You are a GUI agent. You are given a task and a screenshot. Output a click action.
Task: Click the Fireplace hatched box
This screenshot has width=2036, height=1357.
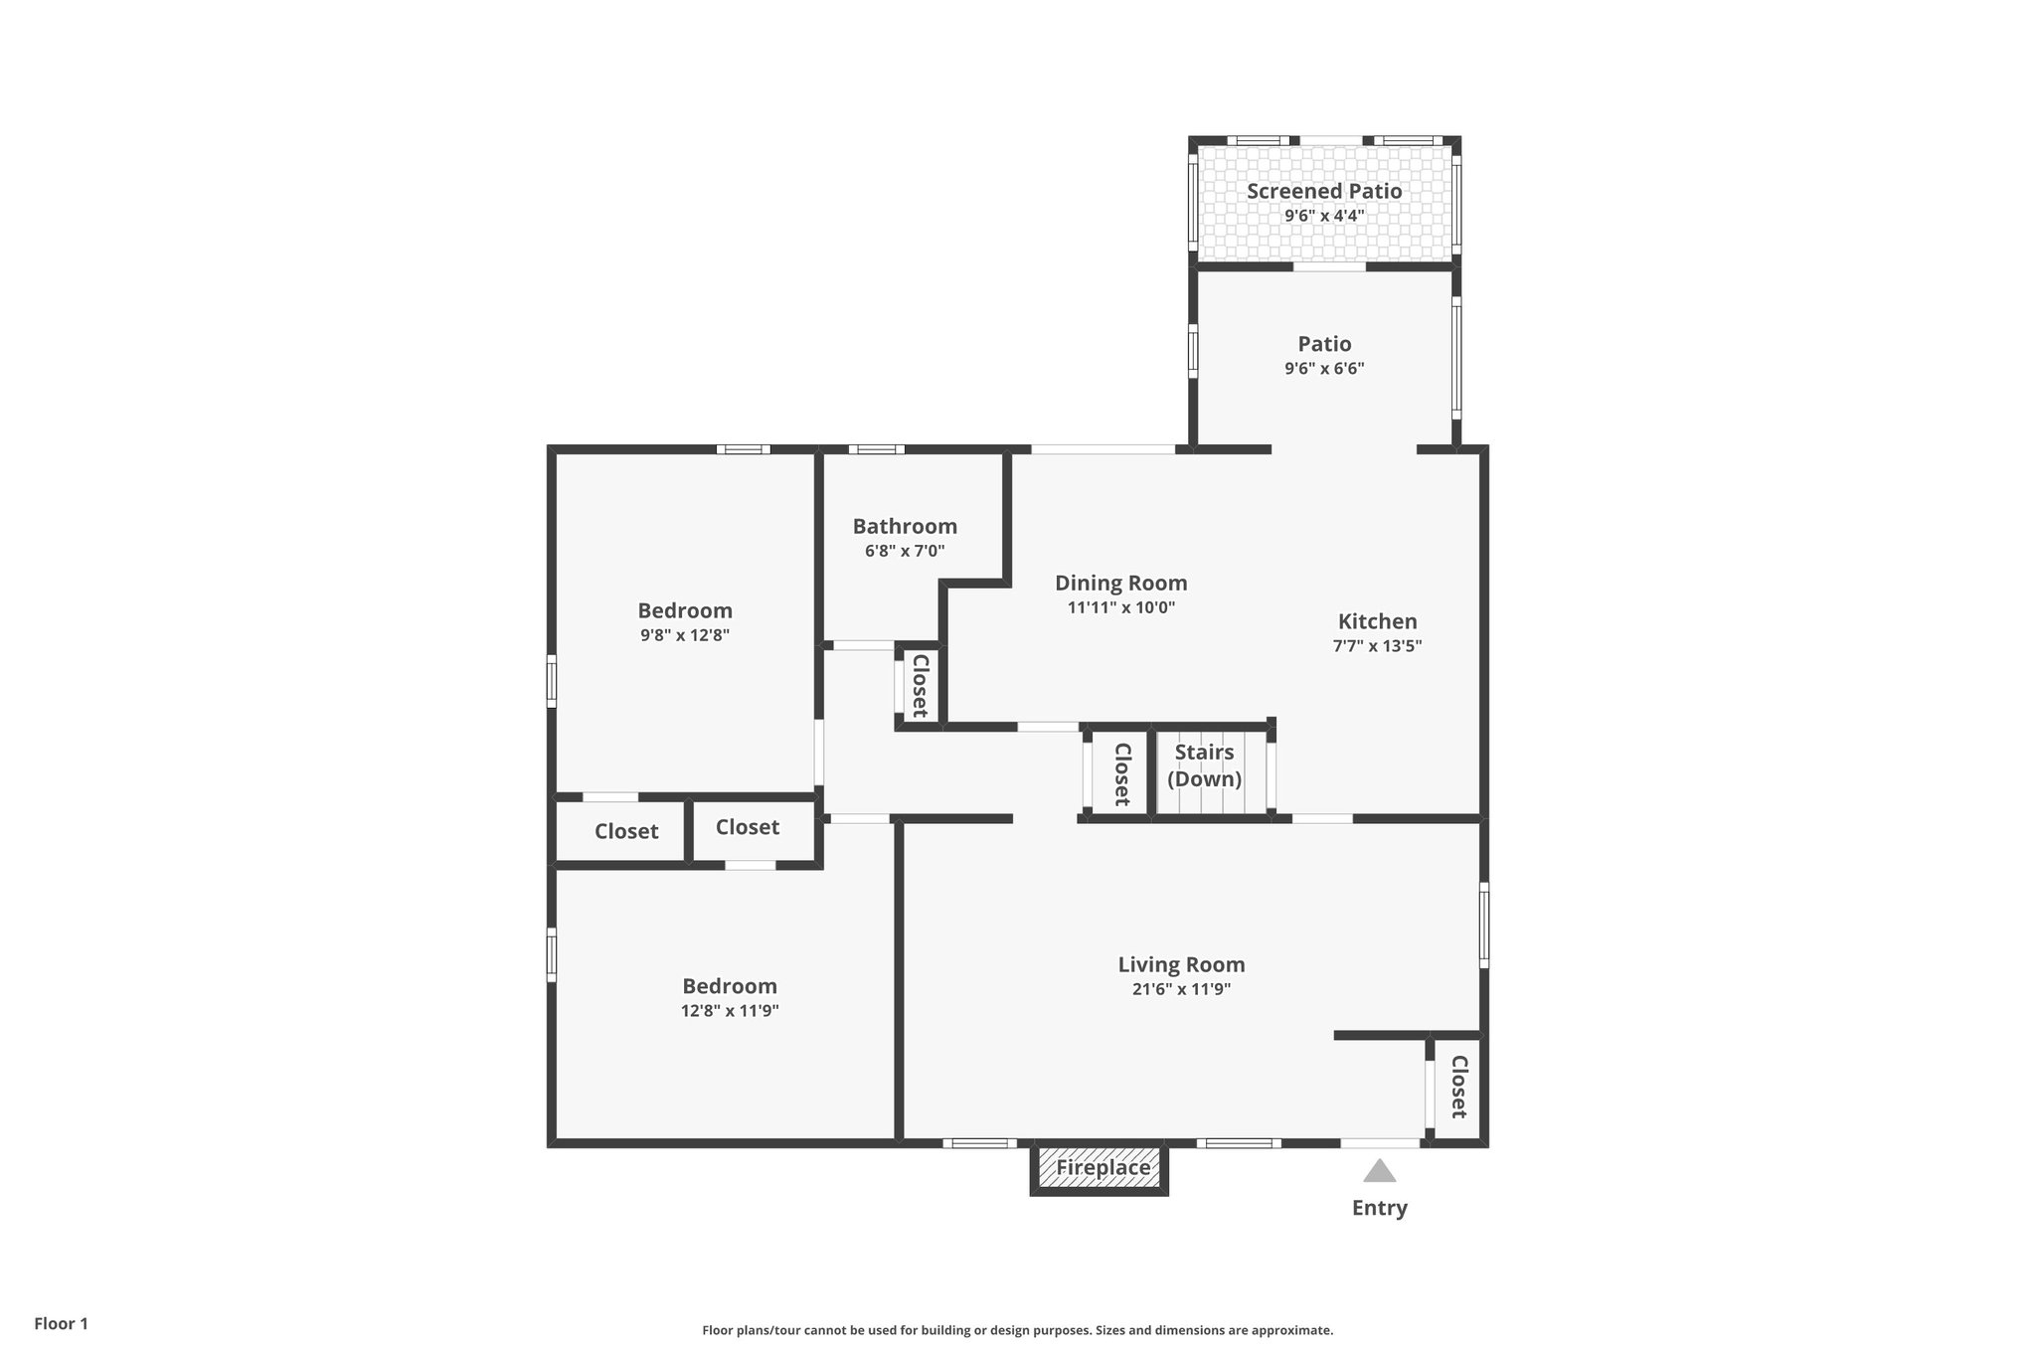click(1099, 1168)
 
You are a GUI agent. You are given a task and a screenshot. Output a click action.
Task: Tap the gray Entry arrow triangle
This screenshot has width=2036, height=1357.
click(1379, 1172)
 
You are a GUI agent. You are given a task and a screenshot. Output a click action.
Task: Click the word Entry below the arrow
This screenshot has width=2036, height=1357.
click(1379, 1208)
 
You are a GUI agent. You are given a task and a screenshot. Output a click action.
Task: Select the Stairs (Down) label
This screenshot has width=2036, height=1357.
click(1204, 765)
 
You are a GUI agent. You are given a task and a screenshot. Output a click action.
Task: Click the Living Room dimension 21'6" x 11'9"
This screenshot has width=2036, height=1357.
click(1181, 989)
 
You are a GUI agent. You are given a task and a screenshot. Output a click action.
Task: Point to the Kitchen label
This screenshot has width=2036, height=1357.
click(1377, 621)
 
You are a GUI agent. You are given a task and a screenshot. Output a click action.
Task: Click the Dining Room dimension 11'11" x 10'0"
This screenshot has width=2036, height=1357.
click(1121, 607)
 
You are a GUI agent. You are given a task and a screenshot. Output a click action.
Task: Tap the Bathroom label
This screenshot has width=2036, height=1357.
click(905, 526)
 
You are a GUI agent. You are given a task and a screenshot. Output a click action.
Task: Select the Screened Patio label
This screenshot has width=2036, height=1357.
click(1324, 191)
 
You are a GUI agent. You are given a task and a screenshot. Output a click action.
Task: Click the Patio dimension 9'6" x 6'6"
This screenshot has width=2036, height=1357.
click(1324, 368)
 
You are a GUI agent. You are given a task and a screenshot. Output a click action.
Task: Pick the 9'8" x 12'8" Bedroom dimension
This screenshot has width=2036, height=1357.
click(685, 635)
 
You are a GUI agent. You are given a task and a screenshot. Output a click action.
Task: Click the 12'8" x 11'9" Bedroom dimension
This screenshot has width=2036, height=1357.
click(729, 1011)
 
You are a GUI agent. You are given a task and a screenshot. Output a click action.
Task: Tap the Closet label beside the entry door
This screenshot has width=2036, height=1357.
click(1458, 1087)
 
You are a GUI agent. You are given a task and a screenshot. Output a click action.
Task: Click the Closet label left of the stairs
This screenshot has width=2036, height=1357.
click(1121, 774)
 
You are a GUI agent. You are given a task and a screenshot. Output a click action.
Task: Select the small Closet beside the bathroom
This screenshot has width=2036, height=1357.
click(920, 686)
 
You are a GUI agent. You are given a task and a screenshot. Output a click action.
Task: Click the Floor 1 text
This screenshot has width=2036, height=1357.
click(61, 1323)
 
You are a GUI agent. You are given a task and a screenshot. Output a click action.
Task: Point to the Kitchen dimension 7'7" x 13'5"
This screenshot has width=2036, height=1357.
click(1377, 645)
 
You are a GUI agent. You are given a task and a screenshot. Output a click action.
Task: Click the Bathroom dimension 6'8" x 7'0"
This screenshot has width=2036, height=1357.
click(905, 551)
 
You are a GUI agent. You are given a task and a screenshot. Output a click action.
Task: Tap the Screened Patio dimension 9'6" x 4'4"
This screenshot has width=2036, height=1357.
click(1324, 216)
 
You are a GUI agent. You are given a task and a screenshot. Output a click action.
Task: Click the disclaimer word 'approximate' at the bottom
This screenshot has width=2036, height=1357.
click(1290, 1330)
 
